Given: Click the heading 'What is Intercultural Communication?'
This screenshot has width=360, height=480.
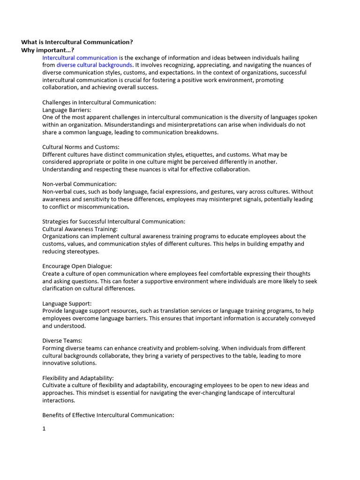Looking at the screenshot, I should pyautogui.click(x=77, y=42).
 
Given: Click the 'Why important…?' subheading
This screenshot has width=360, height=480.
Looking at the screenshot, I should pyautogui.click(x=47, y=50).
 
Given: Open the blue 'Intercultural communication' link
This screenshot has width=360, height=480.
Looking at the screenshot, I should pyautogui.click(x=80, y=58).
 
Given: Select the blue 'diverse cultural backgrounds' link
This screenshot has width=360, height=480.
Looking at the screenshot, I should pyautogui.click(x=94, y=65).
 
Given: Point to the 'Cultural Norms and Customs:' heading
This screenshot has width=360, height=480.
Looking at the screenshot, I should pyautogui.click(x=81, y=147).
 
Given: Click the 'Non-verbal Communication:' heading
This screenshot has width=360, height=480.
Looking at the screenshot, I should pyautogui.click(x=80, y=184).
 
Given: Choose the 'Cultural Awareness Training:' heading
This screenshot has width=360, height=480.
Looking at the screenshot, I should pyautogui.click(x=80, y=229).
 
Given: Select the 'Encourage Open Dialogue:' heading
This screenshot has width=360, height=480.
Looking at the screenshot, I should pyautogui.click(x=77, y=266).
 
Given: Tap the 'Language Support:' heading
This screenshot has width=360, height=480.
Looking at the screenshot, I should pyautogui.click(x=67, y=303).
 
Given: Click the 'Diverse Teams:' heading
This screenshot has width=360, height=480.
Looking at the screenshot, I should pyautogui.click(x=62, y=341).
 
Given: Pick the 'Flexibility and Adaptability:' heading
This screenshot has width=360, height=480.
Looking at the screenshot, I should pyautogui.click(x=78, y=378).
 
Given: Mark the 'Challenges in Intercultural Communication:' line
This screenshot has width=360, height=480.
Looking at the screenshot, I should pyautogui.click(x=99, y=102).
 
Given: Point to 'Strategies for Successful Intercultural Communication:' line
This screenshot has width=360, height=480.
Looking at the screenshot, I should pyautogui.click(x=114, y=221).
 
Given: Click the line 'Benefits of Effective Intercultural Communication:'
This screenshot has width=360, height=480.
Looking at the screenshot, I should pyautogui.click(x=108, y=415).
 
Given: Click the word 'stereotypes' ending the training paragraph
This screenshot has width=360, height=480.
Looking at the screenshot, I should pyautogui.click(x=83, y=251).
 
